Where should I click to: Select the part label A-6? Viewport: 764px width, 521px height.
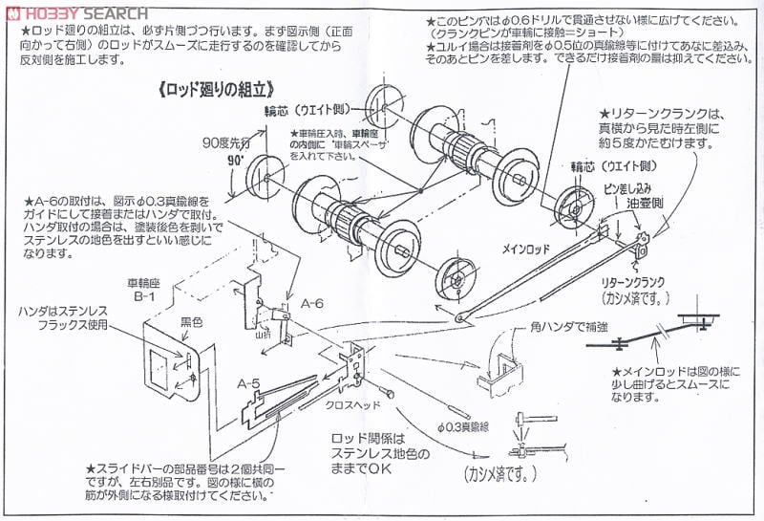312,302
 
